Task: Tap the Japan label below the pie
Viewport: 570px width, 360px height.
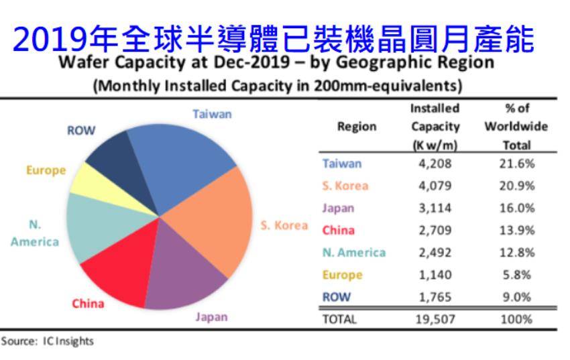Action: pos(211,316)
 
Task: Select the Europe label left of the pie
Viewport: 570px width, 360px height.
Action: pos(46,170)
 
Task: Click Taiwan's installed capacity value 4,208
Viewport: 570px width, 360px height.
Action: pos(436,163)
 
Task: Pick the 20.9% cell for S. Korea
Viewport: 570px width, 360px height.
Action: pos(516,186)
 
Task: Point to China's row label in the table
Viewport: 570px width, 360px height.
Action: pos(339,230)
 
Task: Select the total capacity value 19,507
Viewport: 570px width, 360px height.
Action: pos(436,319)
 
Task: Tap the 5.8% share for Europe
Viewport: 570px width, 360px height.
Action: pos(516,274)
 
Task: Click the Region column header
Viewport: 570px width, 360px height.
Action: pos(356,126)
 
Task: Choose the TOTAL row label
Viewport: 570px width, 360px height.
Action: pos(339,319)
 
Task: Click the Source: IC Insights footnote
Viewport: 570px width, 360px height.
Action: pos(47,341)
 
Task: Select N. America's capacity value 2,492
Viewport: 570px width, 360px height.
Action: pos(436,252)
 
